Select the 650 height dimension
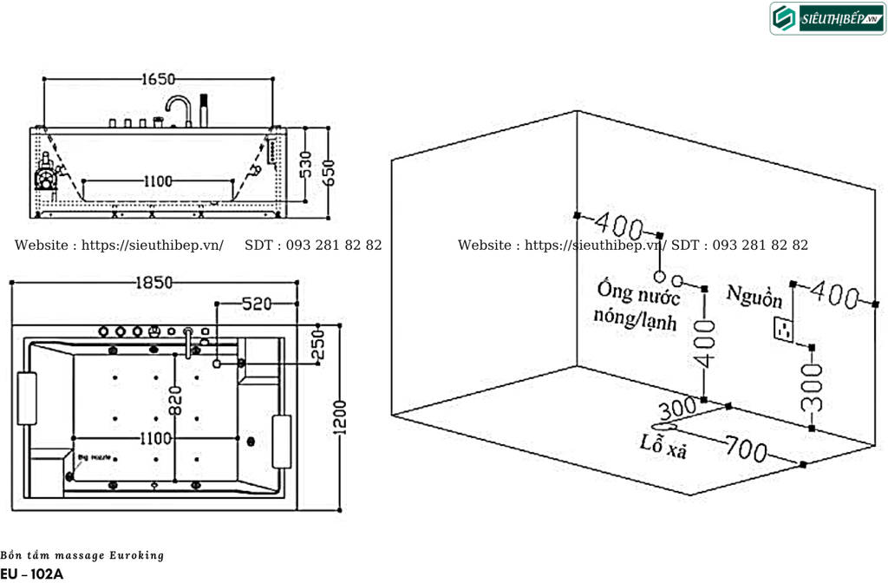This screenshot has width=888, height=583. pos(328,172)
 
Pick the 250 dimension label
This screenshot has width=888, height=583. pos(317,348)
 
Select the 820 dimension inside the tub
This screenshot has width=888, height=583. pos(178,400)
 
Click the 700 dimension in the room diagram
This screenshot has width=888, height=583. pos(747,450)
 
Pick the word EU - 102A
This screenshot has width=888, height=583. pos(32,573)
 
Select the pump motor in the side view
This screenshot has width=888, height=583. pos(47,175)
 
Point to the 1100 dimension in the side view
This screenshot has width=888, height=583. pos(158,181)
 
